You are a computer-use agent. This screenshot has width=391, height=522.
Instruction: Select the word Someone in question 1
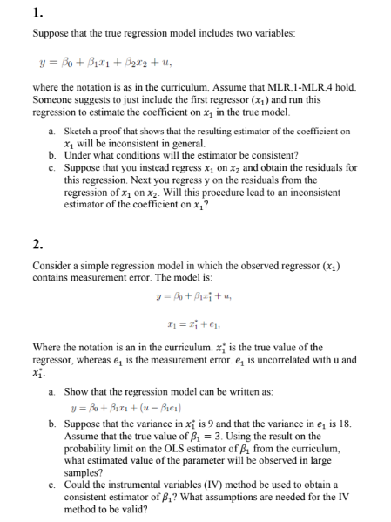coord(54,102)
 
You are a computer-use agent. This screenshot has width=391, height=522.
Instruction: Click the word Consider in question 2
coord(51,263)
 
